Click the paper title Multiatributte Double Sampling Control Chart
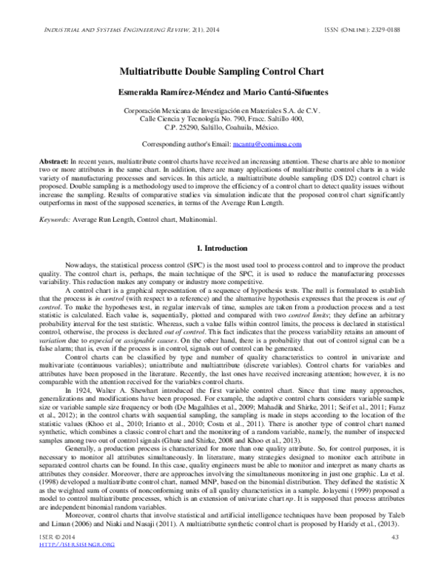click(221, 72)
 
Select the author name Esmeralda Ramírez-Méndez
click(166, 92)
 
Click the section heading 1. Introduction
click(221, 224)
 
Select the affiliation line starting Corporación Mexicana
click(221, 110)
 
